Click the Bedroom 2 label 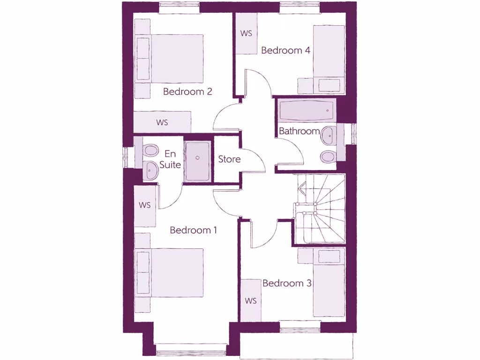[187, 91]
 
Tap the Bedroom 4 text [285, 50]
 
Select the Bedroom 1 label [193, 230]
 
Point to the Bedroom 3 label [287, 283]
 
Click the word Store [229, 159]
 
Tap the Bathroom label [299, 131]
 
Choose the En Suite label [170, 159]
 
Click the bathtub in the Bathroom [306, 111]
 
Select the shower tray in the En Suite [197, 161]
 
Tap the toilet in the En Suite [150, 150]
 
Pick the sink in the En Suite [150, 170]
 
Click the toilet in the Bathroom [327, 156]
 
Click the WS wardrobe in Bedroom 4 [246, 33]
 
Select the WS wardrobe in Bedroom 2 [162, 122]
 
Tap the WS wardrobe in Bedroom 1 [145, 205]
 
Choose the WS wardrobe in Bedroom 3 [251, 300]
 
